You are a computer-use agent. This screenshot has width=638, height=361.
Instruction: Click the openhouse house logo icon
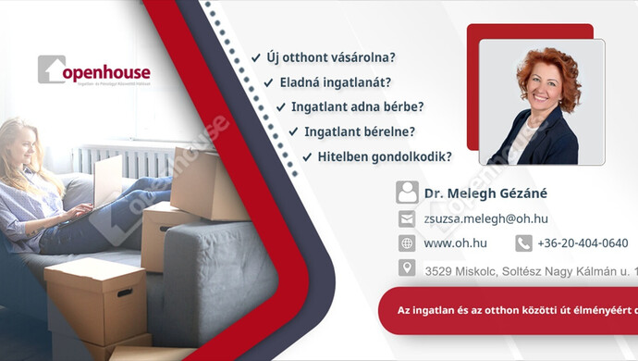[51, 69]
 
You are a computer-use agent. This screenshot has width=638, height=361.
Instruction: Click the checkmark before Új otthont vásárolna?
[255, 57]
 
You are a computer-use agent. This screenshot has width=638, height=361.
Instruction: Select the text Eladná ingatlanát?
[335, 81]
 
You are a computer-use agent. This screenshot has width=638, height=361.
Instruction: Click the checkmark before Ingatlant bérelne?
[293, 131]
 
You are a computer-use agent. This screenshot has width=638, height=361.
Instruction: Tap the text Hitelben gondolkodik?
[384, 156]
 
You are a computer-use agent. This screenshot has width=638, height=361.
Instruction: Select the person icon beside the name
[407, 193]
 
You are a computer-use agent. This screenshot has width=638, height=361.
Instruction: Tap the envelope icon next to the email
[407, 219]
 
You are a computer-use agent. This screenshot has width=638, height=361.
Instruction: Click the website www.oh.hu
[450, 243]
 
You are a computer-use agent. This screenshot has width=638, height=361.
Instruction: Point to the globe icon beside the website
[407, 243]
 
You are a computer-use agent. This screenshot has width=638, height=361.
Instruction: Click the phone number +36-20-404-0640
[583, 243]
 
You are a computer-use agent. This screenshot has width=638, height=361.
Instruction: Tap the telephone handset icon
[523, 243]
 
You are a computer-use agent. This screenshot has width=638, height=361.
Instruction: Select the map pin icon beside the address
[407, 268]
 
